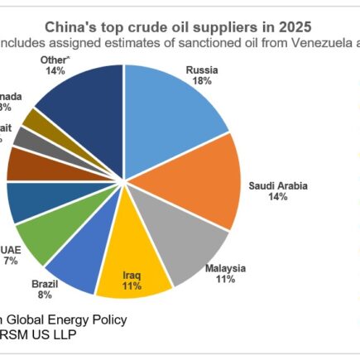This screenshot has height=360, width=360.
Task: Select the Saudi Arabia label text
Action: [278, 186]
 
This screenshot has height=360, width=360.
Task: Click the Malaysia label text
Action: [226, 270]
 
